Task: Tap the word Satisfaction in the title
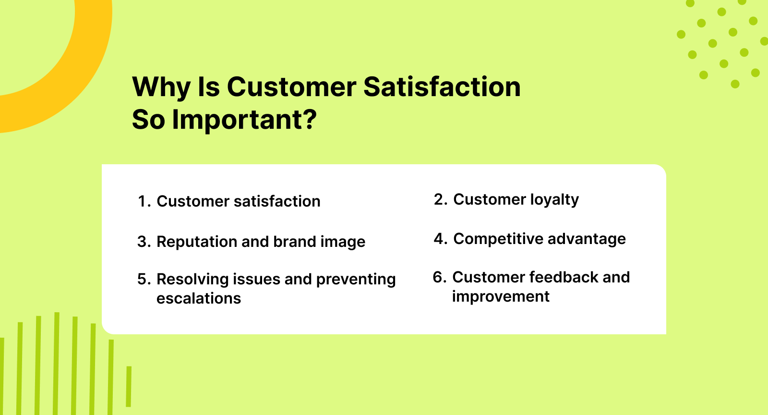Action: pos(442,87)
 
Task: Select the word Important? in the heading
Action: pos(244,120)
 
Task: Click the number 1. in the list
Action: pos(144,201)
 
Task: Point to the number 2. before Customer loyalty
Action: pos(441,199)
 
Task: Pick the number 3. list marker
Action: pos(144,242)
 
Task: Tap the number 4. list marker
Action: pos(441,239)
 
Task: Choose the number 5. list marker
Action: pos(144,279)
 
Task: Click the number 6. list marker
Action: pos(440,277)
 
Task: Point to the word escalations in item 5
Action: pos(199,298)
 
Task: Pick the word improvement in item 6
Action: pos(501,297)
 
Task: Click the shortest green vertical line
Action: pos(129,386)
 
